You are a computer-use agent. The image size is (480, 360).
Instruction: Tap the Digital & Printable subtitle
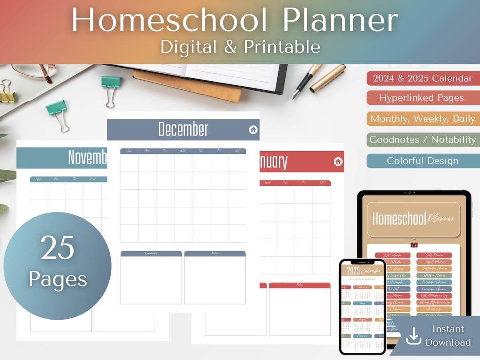coord(240,47)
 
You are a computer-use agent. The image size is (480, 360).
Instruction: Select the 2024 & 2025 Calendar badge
coord(423,79)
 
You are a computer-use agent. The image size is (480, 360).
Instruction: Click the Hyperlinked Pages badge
coord(421,98)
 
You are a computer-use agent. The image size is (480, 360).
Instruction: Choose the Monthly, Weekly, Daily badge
coord(423,119)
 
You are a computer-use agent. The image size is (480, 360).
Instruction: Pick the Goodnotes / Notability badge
coord(423,140)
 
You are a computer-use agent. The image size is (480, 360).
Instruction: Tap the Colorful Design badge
coord(423,161)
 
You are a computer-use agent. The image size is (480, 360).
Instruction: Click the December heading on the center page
coord(183,129)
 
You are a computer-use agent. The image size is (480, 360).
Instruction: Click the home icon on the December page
coord(253,130)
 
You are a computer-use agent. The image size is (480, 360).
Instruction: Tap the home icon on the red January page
coord(338,161)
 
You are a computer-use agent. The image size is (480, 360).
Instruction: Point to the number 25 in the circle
coord(57,248)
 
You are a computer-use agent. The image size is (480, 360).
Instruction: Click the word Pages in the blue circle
coord(58,279)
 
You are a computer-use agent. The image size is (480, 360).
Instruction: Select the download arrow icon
coord(414,336)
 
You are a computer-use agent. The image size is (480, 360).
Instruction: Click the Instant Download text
coord(448,336)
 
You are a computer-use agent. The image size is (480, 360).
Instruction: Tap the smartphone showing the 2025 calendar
coord(362,307)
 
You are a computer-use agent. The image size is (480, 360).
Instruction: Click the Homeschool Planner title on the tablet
coord(413,219)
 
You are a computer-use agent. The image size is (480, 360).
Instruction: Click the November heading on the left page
coord(87,157)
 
